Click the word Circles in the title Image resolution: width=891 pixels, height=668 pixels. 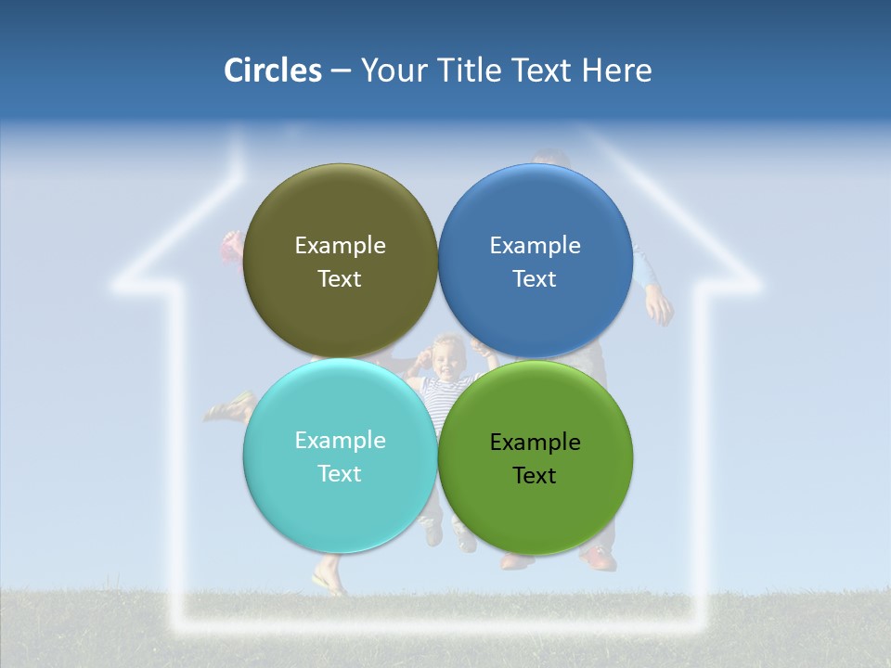pos(273,71)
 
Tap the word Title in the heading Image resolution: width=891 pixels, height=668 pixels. pos(472,71)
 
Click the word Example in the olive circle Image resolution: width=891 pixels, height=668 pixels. pos(340,245)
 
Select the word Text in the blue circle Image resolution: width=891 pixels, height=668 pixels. pos(535,279)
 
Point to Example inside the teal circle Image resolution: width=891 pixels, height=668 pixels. pos(340,440)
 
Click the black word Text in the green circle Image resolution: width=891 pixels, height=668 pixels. pos(535,476)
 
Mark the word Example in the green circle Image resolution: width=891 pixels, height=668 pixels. pos(535,443)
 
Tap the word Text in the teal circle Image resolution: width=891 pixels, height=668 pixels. pos(340,474)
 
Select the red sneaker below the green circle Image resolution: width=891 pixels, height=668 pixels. pos(599,559)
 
